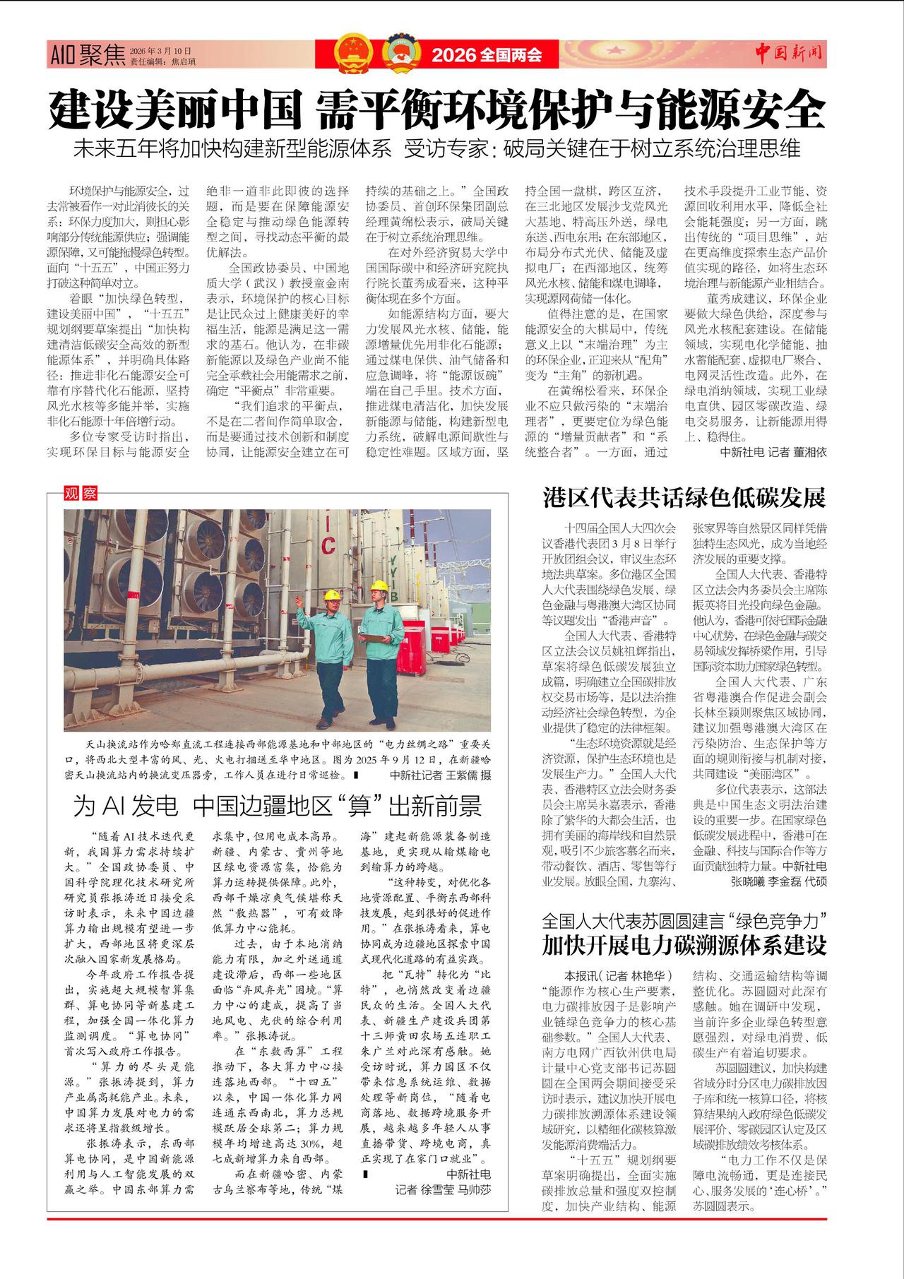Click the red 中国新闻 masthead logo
789,52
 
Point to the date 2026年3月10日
160,51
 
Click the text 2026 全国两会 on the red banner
487,54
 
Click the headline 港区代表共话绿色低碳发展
684,497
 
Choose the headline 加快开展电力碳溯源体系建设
684,944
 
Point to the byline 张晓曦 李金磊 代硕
778,881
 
